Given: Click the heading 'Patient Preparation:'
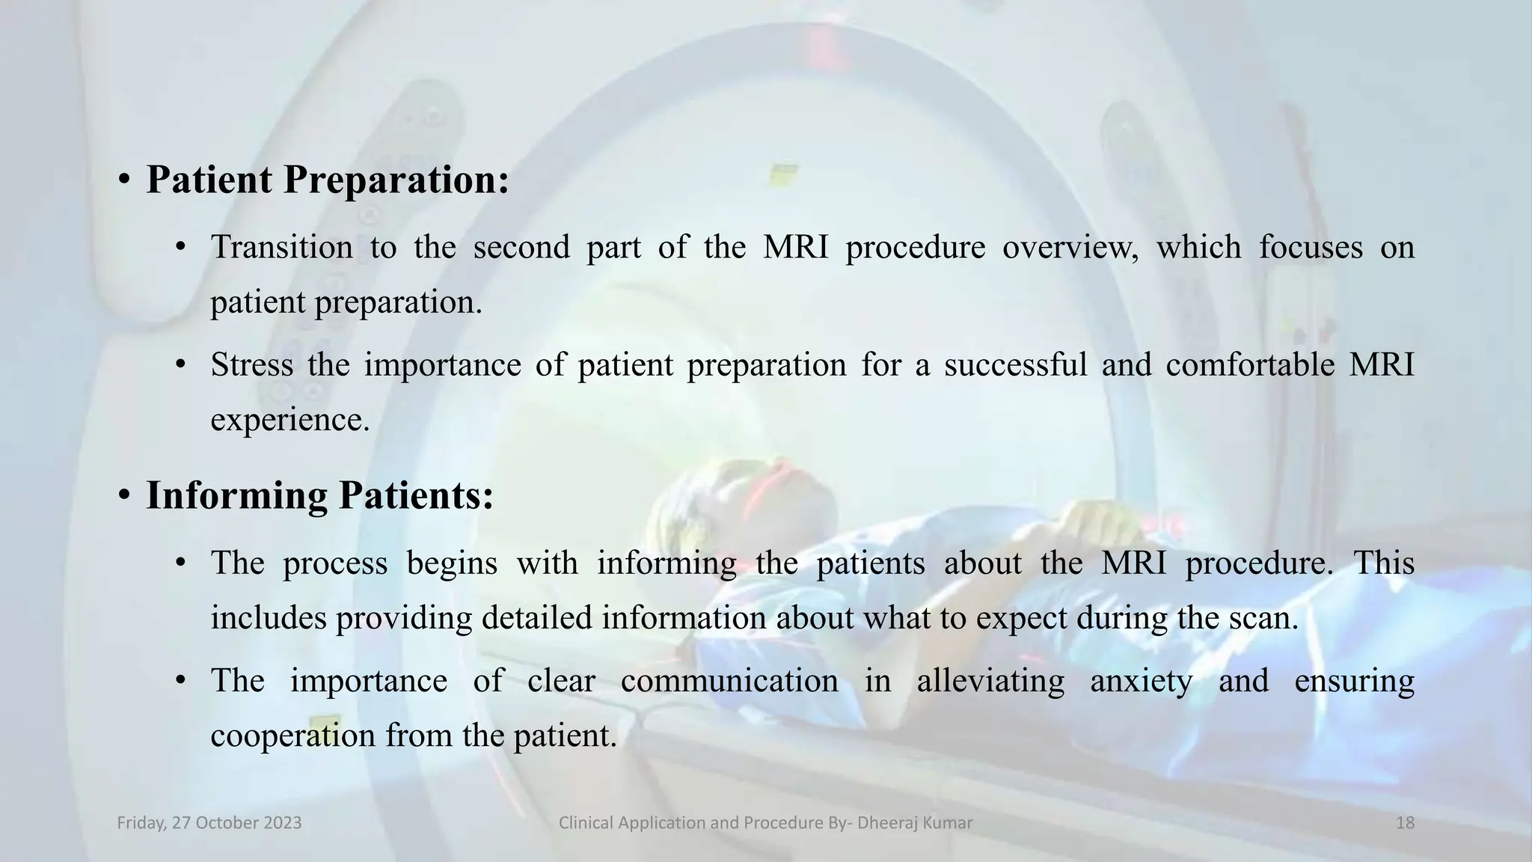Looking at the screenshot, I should tap(327, 180).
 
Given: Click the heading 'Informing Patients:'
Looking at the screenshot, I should tap(319, 496).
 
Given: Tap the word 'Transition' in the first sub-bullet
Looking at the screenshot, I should tap(281, 248).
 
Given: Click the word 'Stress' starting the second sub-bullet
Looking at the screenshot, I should tap(251, 365).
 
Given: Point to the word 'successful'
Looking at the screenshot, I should tap(1014, 365).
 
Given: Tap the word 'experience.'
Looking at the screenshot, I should tap(290, 420).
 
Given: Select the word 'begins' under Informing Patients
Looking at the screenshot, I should tap(452, 563).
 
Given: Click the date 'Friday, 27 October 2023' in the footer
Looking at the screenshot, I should tap(209, 823).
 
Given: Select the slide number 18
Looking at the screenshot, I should tap(1405, 823).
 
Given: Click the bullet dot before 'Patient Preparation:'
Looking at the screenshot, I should tap(124, 180).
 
